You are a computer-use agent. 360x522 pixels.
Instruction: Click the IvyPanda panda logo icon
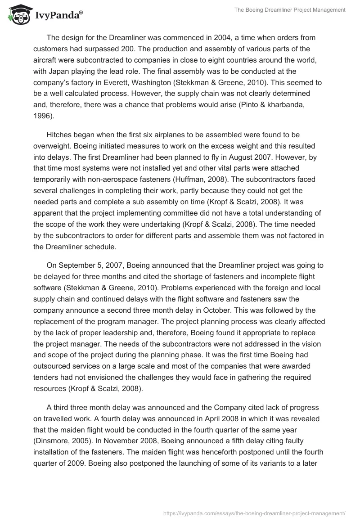[x=18, y=15]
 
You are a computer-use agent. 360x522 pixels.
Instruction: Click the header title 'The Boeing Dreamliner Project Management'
[x=290, y=10]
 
